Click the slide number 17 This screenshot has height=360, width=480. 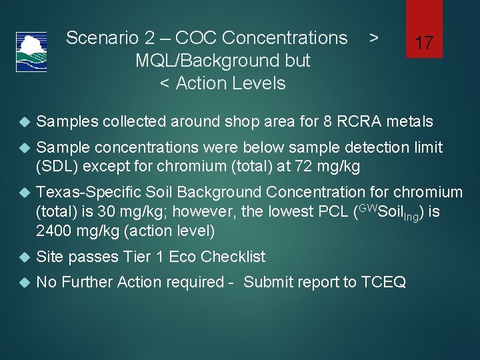[x=424, y=44]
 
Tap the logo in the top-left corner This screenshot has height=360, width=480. [x=31, y=52]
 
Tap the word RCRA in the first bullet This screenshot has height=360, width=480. [x=359, y=121]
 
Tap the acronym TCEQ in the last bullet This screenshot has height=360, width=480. [x=383, y=282]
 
